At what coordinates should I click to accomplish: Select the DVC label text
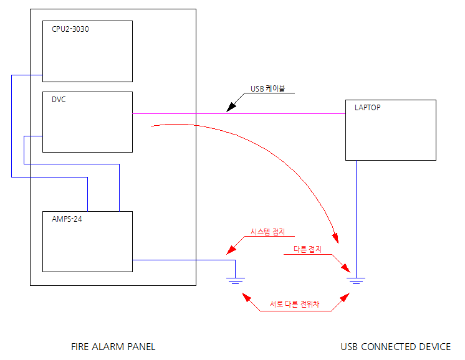coord(59,100)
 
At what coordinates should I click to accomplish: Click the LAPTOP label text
coord(367,107)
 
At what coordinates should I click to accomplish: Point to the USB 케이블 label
coord(267,89)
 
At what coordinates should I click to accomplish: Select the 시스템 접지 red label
coord(267,231)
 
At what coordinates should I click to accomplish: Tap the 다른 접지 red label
coord(307,249)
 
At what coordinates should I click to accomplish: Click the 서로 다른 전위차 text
coord(294,305)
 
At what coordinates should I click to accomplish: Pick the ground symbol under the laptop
coord(356,280)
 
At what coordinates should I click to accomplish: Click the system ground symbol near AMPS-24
coord(235,280)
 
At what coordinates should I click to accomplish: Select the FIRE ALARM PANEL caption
coord(113,346)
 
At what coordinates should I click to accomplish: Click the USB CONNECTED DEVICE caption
coord(395,346)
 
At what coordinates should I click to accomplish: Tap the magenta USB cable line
coord(280,113)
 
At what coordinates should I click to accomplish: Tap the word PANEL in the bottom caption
coord(141,346)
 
